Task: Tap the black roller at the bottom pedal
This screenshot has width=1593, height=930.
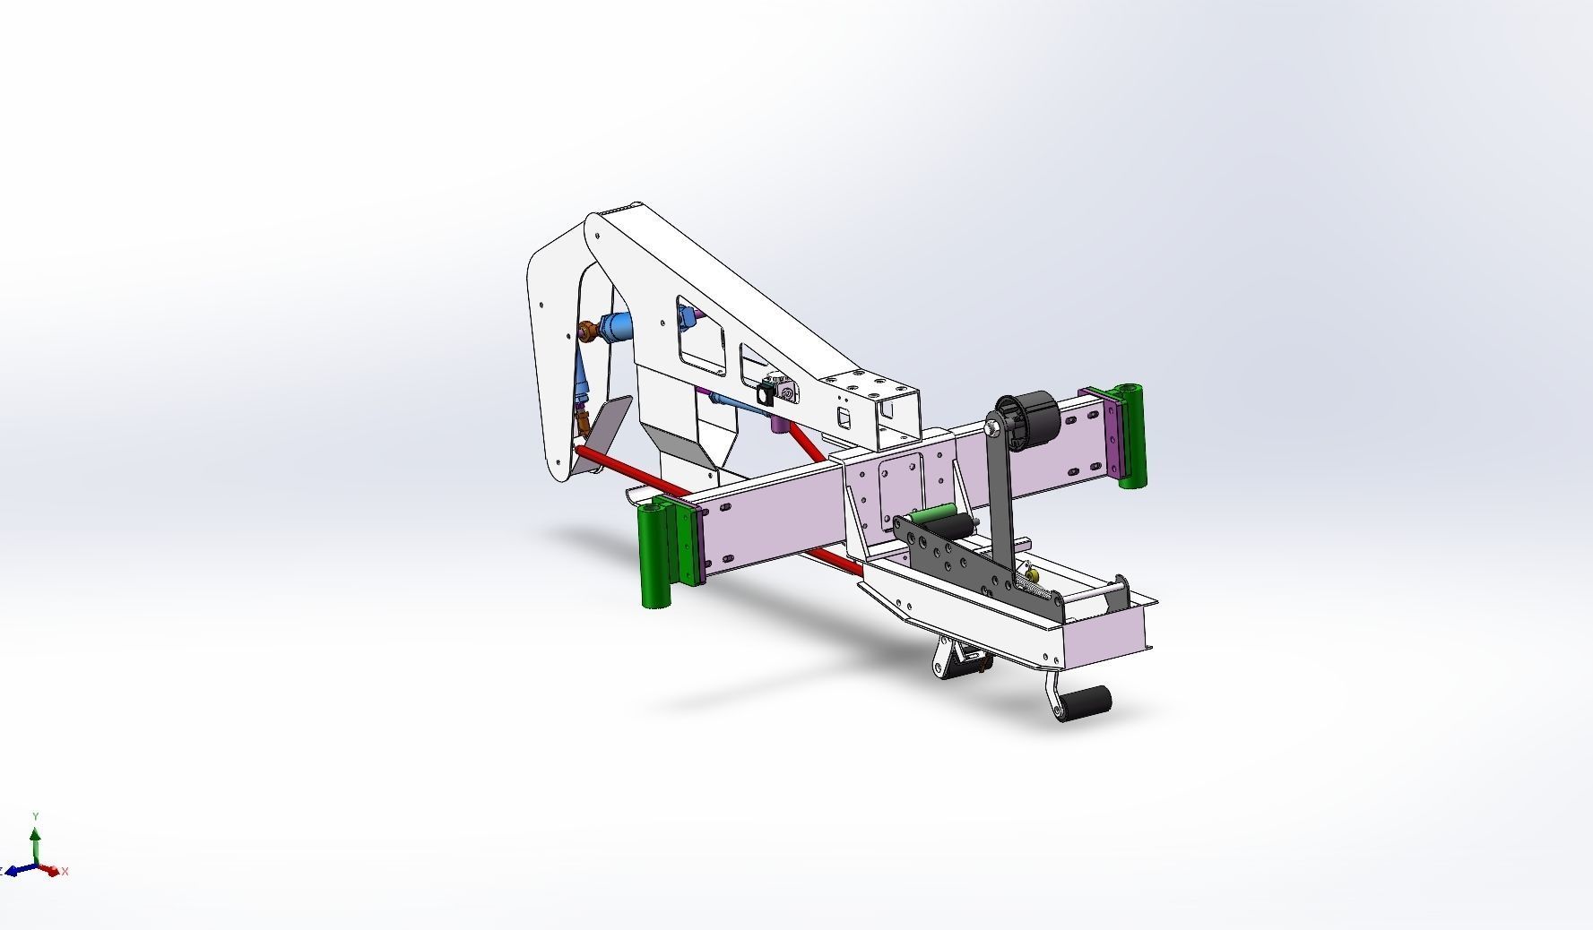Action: tap(1090, 700)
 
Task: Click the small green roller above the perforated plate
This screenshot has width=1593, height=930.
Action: tap(933, 518)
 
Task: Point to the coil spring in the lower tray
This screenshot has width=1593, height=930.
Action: tap(1040, 587)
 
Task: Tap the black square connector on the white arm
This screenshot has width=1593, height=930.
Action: tap(767, 392)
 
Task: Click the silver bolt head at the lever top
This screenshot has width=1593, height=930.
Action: tap(991, 429)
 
